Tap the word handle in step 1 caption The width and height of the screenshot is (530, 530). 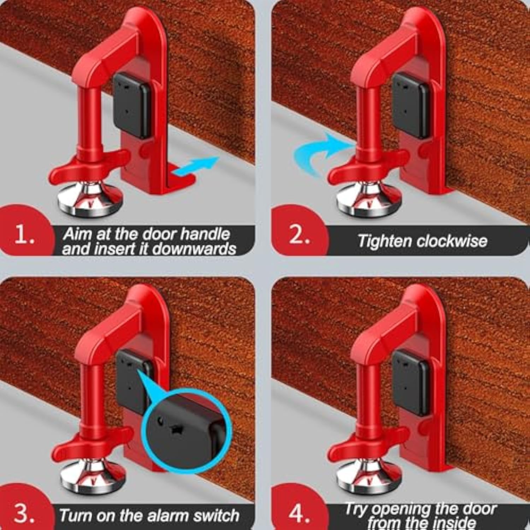coord(205,234)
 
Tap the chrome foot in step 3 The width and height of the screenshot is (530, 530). coord(93,475)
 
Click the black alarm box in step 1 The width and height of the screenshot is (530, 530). coord(131,105)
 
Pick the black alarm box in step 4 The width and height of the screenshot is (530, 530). coord(411,382)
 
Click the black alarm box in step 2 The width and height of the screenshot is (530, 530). coord(411,105)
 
